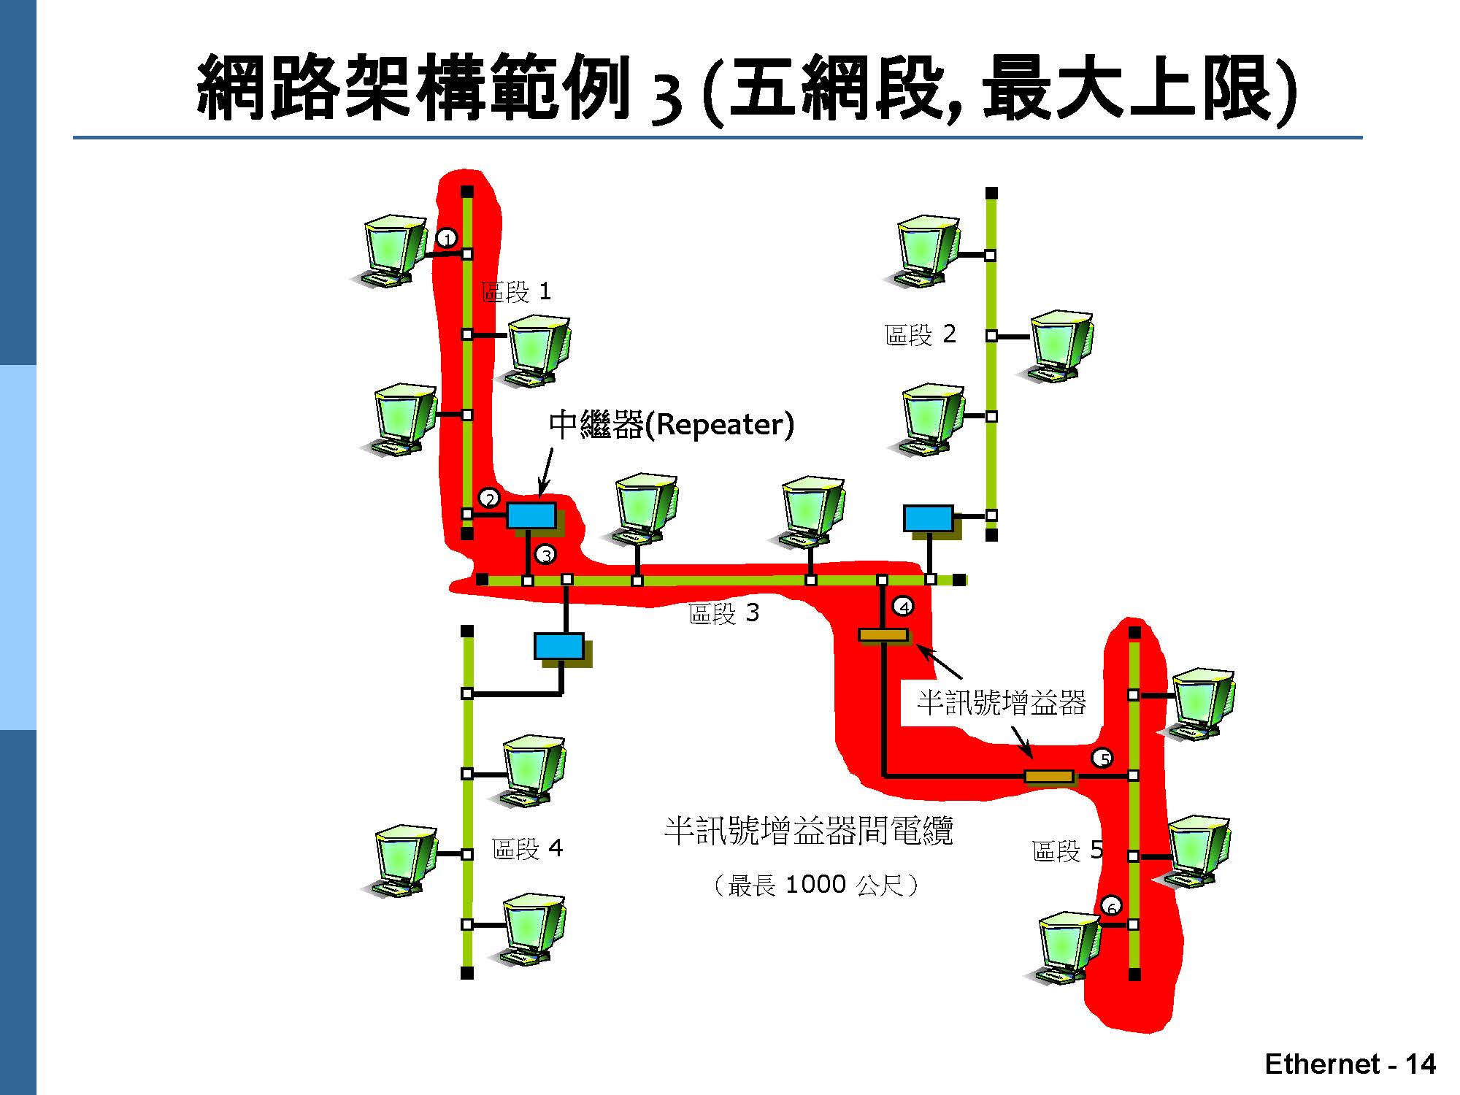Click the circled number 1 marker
click(x=447, y=238)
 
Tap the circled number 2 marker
click(x=489, y=499)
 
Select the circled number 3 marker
click(x=545, y=555)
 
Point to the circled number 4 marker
click(x=903, y=607)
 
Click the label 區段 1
click(x=516, y=293)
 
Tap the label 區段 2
click(x=920, y=335)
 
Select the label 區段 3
click(x=723, y=613)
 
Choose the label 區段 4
click(x=527, y=848)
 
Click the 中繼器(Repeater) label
click(x=671, y=425)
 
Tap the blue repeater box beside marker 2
click(x=531, y=515)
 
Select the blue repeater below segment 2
click(x=929, y=518)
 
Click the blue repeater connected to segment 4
click(x=559, y=646)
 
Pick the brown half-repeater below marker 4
click(x=883, y=635)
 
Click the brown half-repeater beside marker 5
click(x=1049, y=776)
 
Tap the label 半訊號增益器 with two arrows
click(x=1001, y=702)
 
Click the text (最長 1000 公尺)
click(x=815, y=885)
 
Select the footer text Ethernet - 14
click(x=1350, y=1064)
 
